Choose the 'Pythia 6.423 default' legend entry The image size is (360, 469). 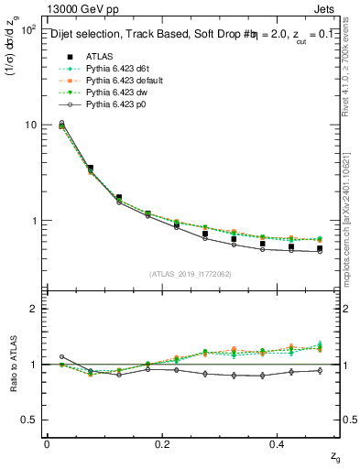click(122, 82)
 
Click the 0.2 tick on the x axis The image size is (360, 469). click(163, 443)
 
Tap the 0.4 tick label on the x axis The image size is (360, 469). click(279, 443)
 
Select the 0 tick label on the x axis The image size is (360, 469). click(47, 443)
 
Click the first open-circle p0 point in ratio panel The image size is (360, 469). click(61, 356)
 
